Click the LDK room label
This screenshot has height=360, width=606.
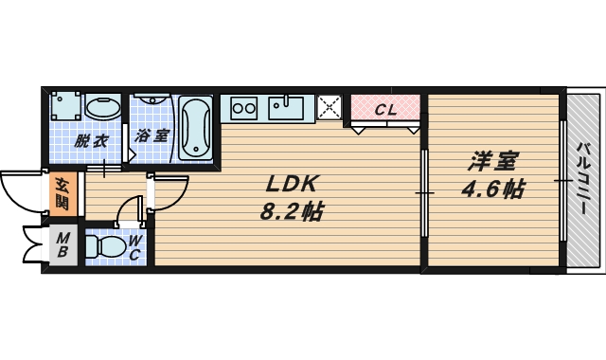click(294, 183)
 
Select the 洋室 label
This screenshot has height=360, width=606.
click(492, 161)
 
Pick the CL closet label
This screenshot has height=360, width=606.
click(385, 109)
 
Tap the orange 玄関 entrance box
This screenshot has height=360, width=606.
click(62, 192)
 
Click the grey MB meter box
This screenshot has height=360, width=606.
click(62, 244)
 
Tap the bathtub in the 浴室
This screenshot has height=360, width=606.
click(195, 128)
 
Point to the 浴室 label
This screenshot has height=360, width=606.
click(151, 135)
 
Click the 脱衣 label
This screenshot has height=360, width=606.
click(91, 142)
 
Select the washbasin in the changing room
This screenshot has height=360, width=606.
click(102, 106)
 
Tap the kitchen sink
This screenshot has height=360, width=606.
click(286, 106)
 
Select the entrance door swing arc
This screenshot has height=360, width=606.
click(21, 194)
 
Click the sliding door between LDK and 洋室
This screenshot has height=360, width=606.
click(424, 194)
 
